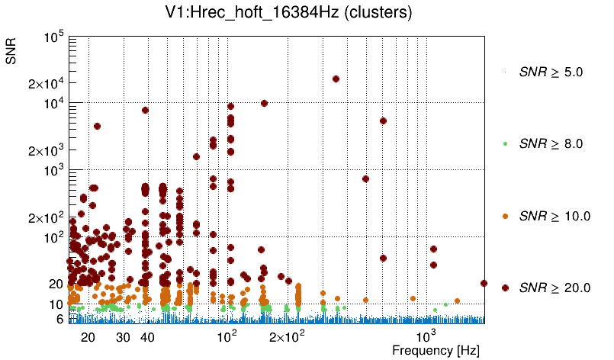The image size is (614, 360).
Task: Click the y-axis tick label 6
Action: (59, 319)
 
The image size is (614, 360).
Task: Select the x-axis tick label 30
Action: (123, 337)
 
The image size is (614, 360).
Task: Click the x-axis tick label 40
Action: (147, 337)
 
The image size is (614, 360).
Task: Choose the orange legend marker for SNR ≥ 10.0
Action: (506, 216)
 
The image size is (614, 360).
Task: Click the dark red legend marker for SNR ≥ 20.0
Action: (506, 288)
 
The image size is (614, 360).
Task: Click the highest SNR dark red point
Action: (336, 79)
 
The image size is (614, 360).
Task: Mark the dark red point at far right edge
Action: (484, 283)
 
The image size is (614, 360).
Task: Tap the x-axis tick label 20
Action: (88, 337)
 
